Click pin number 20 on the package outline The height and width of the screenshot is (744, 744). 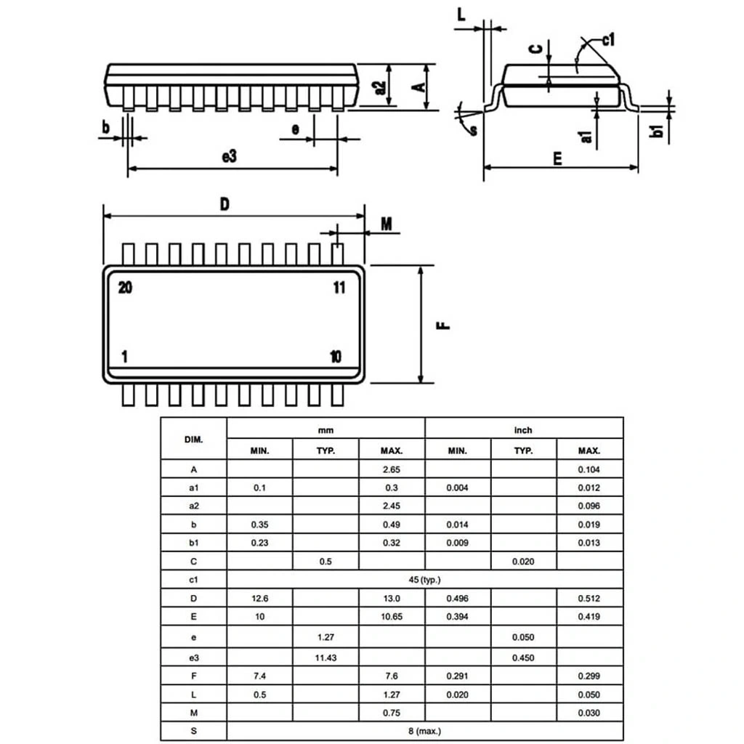125,288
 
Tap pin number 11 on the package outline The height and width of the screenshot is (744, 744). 339,288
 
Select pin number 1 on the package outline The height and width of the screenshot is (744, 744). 125,357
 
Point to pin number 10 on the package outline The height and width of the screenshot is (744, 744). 335,357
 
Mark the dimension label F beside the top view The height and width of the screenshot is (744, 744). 445,325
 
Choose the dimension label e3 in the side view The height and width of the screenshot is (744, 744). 229,156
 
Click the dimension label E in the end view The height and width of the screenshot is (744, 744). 557,158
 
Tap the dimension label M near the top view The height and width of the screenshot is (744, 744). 386,224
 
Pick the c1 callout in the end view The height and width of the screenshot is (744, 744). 608,40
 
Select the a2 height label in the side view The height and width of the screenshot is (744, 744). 379,87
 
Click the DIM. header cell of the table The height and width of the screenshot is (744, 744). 193,439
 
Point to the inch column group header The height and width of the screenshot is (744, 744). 523,430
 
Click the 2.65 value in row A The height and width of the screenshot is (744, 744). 392,469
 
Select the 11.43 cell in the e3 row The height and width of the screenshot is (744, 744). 325,656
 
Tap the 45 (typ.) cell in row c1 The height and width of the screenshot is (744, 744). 425,580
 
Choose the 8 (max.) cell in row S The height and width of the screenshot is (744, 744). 425,731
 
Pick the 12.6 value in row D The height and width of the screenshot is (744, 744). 259,599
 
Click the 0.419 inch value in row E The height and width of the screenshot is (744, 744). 589,617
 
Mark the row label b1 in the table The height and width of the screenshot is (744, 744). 193,543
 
